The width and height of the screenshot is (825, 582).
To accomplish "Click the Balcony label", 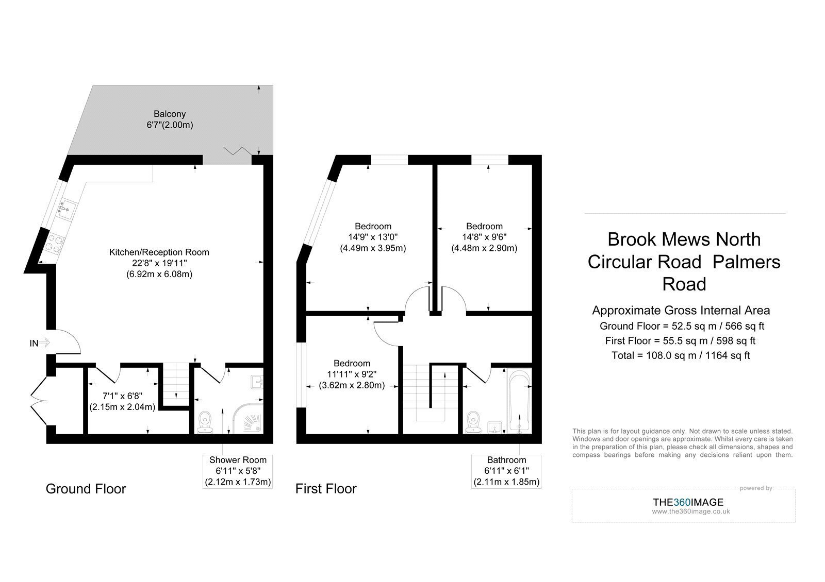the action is pos(170,114).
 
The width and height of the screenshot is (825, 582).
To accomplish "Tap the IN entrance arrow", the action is pos(44,343).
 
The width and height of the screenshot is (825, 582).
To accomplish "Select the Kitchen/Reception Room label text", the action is pos(159,252).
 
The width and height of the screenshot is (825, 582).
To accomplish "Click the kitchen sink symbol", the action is pos(67,208).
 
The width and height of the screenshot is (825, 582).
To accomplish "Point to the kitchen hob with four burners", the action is pos(54,244).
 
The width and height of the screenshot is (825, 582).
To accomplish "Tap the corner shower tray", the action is pos(249,419).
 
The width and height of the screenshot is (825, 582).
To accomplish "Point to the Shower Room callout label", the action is pos(238,471).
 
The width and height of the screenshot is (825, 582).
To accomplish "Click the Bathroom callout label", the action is pos(506,471).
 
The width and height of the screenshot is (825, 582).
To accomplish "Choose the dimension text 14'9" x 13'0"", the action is pos(373,237).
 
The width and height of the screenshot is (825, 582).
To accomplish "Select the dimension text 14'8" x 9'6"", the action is pos(484,237).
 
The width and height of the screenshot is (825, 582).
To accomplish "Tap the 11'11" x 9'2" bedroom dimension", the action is pos(352,374).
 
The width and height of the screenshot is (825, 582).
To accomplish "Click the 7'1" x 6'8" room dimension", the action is pos(122,396).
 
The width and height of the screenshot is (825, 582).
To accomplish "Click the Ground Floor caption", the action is pos(86,489).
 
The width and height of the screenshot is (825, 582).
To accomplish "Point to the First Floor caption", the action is pos(326,489).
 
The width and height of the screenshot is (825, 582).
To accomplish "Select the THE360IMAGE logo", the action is pos(688,502).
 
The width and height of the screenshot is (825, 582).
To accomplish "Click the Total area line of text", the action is pos(681,355).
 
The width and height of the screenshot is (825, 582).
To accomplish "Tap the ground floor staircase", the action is pos(176,384).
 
